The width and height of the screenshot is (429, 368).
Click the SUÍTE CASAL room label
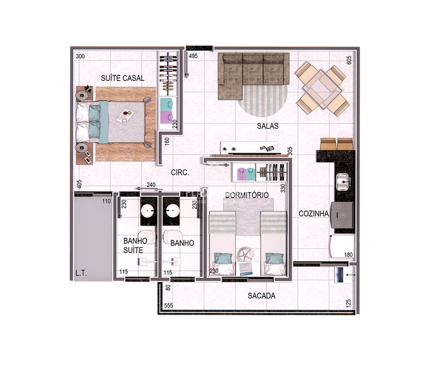[123, 78]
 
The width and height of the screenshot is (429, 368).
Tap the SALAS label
[268, 126]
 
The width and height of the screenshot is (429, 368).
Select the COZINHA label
[314, 214]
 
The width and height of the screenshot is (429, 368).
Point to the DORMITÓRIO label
[247, 195]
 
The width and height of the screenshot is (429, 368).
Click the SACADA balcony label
[261, 296]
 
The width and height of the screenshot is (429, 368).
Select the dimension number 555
[169, 305]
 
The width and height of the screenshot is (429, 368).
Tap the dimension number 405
[79, 183]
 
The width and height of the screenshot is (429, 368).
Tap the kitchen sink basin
[342, 180]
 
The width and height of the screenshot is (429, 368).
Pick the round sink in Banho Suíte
[147, 212]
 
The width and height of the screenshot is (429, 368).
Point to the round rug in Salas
[262, 101]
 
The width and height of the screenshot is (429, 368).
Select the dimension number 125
[348, 303]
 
